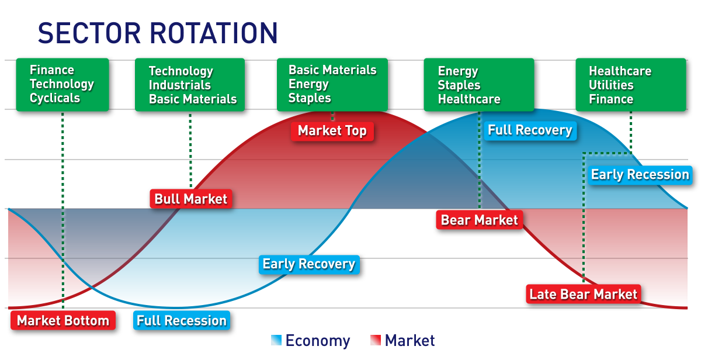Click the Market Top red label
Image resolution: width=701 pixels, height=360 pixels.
pos(332,131)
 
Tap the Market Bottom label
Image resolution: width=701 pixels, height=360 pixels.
pos(63,321)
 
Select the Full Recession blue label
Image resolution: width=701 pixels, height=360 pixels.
pos(181,321)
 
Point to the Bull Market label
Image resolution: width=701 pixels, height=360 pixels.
pos(190,199)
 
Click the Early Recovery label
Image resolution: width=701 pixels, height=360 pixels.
pos(308,264)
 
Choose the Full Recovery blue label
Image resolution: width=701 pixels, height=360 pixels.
pos(529,130)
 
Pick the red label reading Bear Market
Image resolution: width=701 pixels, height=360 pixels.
pos(479,220)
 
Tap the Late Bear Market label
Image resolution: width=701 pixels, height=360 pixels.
pos(583,294)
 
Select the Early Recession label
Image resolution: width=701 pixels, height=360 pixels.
pos(640,175)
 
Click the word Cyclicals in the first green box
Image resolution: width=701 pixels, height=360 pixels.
pos(55,98)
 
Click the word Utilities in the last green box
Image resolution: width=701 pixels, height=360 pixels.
pos(610,85)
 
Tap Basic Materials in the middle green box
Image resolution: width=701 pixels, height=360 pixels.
pos(332,70)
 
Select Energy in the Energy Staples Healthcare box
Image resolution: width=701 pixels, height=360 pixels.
pos(458,71)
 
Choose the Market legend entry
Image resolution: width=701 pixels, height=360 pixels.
pos(402,341)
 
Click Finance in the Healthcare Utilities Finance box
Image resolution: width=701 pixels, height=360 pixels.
pos(610,99)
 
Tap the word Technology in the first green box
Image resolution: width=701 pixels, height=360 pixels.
pos(61,84)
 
